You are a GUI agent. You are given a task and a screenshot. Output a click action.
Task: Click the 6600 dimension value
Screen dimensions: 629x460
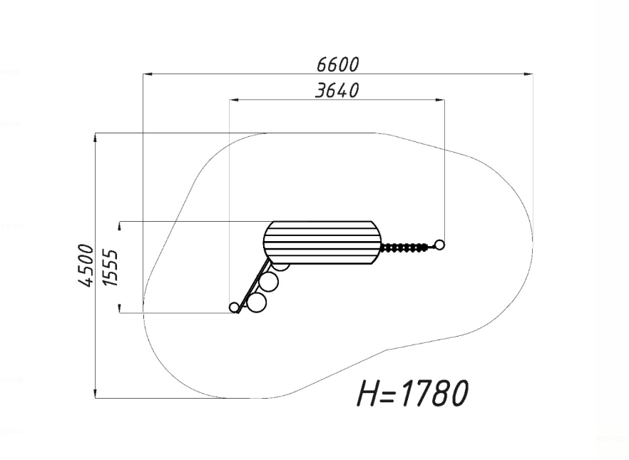click(x=337, y=65)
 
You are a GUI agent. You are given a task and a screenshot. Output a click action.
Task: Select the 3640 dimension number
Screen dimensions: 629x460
click(x=337, y=91)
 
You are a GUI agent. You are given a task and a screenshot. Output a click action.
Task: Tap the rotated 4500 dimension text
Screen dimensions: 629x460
click(x=86, y=265)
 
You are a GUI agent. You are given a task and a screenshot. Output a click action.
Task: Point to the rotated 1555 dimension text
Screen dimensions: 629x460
click(x=111, y=267)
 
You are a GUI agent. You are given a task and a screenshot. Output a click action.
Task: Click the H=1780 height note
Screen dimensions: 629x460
click(x=412, y=393)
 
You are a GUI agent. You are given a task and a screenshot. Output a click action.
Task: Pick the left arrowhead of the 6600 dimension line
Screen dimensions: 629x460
click(x=148, y=74)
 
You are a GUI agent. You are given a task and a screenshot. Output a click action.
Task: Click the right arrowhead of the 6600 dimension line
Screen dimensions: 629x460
click(x=528, y=74)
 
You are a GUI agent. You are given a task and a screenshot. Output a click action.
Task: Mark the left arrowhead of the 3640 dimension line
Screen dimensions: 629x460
click(x=234, y=99)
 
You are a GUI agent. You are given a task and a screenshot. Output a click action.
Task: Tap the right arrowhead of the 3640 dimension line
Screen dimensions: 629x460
click(x=439, y=99)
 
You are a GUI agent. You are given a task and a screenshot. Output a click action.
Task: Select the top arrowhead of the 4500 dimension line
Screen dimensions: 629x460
click(x=96, y=138)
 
